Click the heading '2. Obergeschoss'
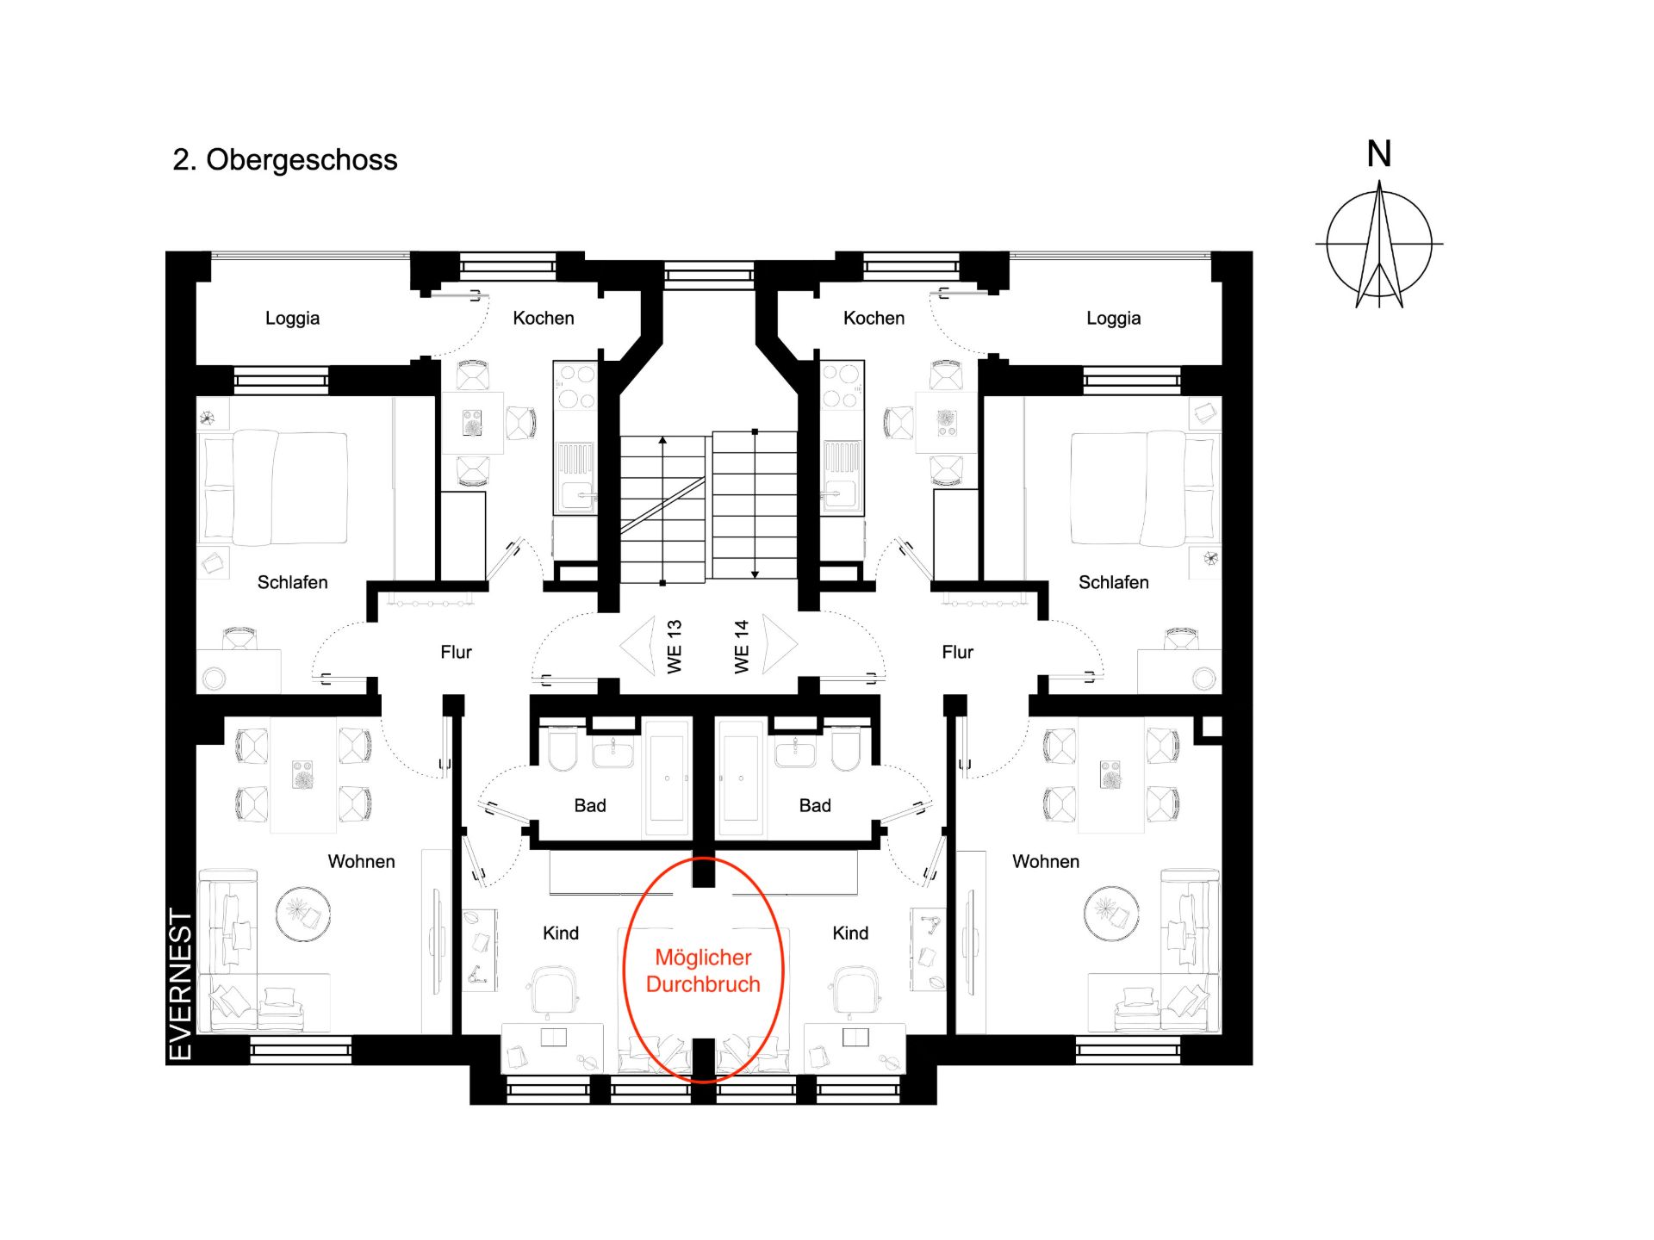point(285,160)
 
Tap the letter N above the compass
point(1379,154)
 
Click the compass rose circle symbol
point(1379,245)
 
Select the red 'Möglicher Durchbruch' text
point(703,970)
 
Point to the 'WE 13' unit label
point(675,647)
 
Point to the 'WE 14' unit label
point(742,647)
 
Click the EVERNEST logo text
point(180,984)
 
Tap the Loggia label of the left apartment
point(292,319)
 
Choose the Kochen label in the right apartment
point(874,318)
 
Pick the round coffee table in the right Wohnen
point(1111,913)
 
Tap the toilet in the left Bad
point(563,750)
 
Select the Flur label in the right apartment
point(957,652)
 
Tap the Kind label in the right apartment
point(850,933)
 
